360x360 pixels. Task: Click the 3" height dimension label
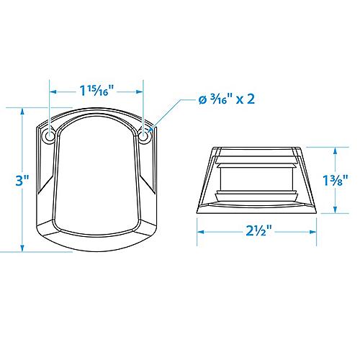(x=22, y=180)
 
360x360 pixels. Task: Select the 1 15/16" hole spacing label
(x=96, y=91)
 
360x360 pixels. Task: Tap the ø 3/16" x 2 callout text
(x=227, y=99)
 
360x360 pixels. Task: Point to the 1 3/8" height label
(x=336, y=180)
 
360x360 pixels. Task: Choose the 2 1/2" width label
(x=259, y=231)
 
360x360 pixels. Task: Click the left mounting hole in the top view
(x=50, y=136)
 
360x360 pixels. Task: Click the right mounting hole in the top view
(x=143, y=136)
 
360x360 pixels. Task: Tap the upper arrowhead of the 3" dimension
(x=22, y=112)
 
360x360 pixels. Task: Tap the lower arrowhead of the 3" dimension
(x=22, y=248)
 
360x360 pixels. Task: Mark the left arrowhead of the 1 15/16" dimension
(x=53, y=91)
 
